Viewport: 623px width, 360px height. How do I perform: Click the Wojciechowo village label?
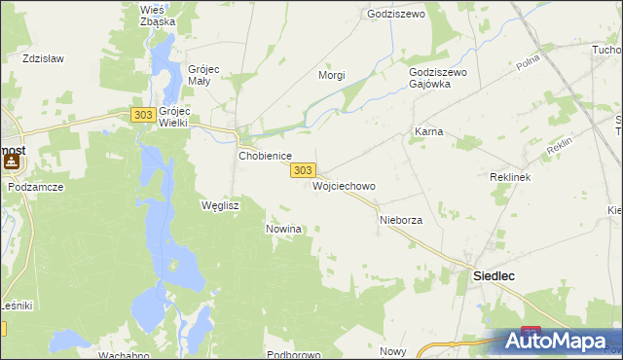pos(344,186)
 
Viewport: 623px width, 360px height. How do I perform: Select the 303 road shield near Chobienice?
pos(302,170)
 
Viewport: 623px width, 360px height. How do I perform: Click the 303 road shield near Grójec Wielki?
pos(142,115)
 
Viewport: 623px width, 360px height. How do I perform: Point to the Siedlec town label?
pos(494,276)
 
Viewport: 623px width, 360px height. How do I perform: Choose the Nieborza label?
pos(400,221)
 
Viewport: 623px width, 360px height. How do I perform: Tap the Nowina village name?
pos(284,229)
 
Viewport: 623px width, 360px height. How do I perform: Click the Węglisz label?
pos(219,206)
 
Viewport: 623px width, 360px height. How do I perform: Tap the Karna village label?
pos(428,130)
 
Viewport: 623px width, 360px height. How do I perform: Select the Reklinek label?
pos(508,179)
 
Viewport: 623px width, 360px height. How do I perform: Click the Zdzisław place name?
pos(43,58)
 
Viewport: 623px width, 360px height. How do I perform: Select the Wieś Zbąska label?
pos(157,15)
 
